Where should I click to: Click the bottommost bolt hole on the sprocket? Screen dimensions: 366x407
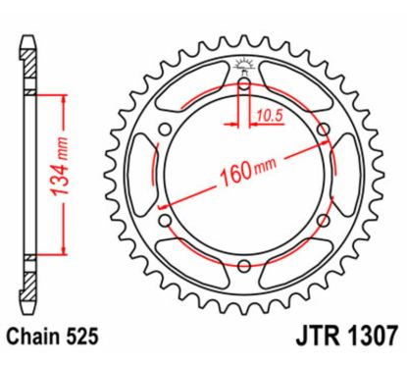click(x=243, y=263)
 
